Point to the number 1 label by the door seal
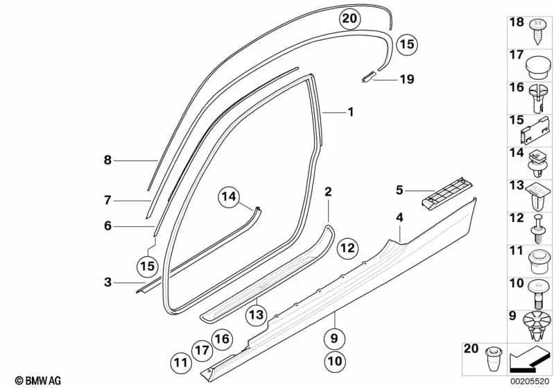tap(351, 112)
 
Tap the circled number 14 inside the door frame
tap(229, 198)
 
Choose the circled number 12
tap(347, 247)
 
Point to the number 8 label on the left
tap(107, 160)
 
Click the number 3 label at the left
tap(107, 282)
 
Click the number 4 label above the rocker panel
tap(399, 218)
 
